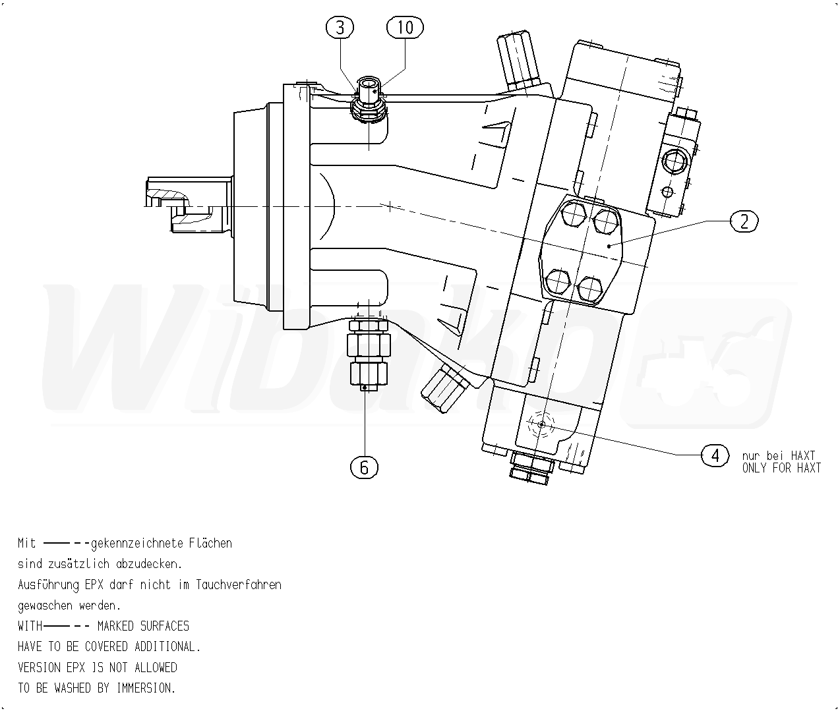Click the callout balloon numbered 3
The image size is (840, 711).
340,28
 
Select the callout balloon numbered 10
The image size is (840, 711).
405,28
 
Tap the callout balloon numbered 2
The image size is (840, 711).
744,221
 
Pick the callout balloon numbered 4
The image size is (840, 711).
715,455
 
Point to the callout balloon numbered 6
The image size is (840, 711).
364,467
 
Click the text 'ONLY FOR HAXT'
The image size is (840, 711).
781,469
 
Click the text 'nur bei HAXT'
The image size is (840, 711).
778,455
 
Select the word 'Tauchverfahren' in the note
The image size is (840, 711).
238,584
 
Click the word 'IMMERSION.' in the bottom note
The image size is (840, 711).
146,688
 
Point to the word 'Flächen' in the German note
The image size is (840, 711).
210,544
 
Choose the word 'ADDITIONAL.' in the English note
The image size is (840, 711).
167,646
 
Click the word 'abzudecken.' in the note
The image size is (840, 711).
149,564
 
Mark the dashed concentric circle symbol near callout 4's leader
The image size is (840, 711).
541,425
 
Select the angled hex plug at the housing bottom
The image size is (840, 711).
446,385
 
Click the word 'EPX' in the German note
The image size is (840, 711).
91,584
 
